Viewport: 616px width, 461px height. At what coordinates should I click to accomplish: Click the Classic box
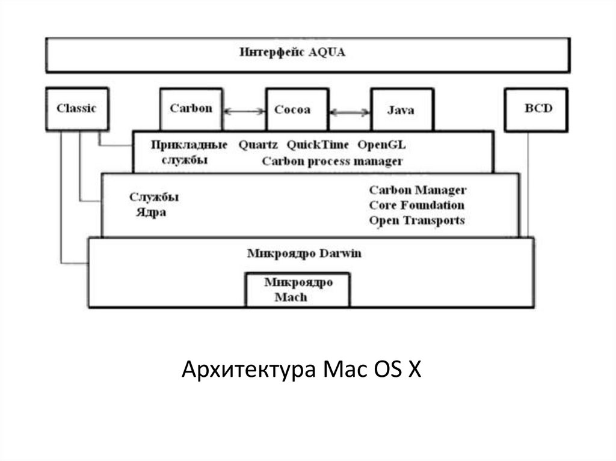coord(76,109)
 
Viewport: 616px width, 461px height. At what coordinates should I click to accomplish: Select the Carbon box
coord(191,109)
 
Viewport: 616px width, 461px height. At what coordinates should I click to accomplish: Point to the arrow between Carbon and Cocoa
coord(244,111)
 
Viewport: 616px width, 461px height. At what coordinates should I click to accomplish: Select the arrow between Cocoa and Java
coord(349,111)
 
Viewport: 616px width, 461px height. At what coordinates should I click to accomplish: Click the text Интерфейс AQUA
coord(292,52)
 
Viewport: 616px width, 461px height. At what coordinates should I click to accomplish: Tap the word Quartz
coord(257,145)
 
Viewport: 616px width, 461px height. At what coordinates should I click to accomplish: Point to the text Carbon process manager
coord(332,161)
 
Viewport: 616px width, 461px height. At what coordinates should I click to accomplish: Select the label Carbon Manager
coord(417,190)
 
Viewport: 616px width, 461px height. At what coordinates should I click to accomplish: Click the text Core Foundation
coord(416,205)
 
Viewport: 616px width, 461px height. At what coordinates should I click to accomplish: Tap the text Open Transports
coord(416,221)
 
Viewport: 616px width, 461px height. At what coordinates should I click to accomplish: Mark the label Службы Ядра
coord(154,205)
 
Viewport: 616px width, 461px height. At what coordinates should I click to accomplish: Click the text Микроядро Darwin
coord(304,253)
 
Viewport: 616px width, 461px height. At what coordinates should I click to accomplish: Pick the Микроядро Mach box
coord(298,289)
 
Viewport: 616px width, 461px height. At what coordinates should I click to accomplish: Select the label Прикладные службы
coord(189,153)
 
